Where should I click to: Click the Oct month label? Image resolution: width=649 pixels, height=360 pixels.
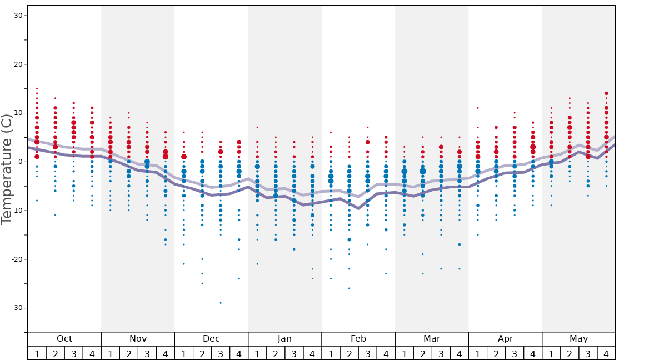coord(64,339)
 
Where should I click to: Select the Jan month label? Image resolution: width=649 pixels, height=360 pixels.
coord(284,339)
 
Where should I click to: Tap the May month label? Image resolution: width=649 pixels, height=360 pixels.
coord(578,339)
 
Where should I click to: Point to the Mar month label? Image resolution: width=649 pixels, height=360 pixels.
coord(432,339)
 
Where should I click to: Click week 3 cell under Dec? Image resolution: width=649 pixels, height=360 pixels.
coord(221,353)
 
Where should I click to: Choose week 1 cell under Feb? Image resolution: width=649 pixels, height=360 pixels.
coord(331,353)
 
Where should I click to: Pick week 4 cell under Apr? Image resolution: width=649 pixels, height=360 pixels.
coord(533,353)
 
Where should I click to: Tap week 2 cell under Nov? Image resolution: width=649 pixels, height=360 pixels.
coord(129,353)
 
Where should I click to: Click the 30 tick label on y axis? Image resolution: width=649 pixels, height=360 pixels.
coord(17,16)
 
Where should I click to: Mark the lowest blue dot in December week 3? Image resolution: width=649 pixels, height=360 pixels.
coord(221,303)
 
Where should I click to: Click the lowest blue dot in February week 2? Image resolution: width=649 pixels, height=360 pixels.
coord(349,288)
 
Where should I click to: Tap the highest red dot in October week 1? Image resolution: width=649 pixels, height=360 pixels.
coord(37,88)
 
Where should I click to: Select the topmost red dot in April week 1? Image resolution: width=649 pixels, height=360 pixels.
coord(477,108)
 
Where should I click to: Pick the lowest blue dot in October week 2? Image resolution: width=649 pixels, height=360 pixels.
coord(55,215)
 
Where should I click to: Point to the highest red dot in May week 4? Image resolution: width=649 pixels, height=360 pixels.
coord(606,93)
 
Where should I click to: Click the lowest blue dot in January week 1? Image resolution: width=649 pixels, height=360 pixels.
coord(257,264)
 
